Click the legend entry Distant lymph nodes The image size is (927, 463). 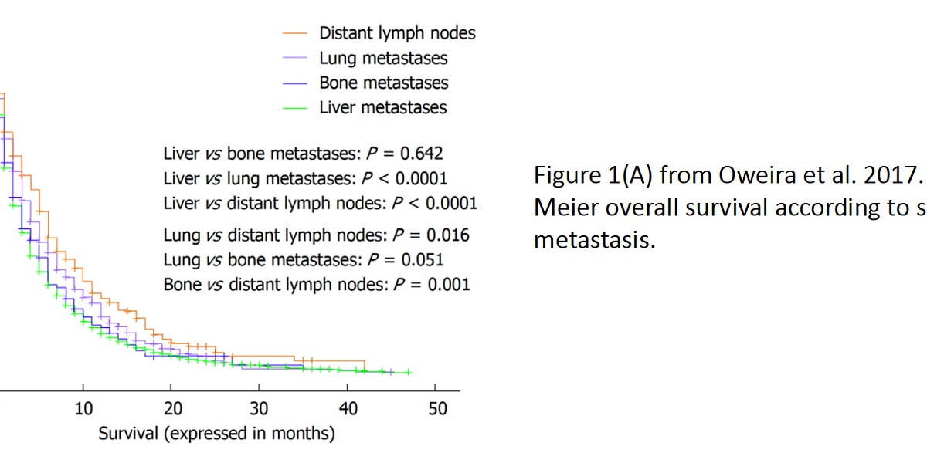(x=397, y=33)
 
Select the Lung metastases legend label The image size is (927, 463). (x=383, y=58)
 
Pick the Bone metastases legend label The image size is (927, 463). (x=383, y=83)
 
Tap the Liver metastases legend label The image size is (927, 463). (x=383, y=107)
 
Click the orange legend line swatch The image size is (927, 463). (x=295, y=33)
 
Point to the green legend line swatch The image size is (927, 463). (x=295, y=107)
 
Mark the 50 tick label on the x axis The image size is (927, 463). (x=436, y=408)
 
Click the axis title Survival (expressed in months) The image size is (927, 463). (x=216, y=434)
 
